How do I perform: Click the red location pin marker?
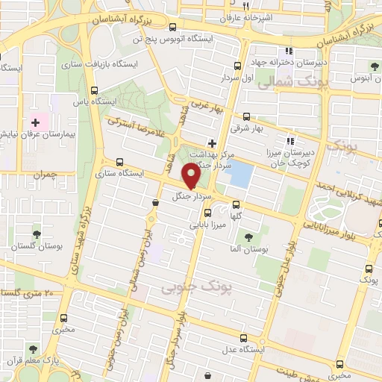[191, 175]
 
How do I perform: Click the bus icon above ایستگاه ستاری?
[119, 161]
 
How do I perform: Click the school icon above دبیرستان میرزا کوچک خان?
[289, 141]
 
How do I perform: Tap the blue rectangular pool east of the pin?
[240, 174]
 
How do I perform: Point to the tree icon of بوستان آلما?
[248, 237]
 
